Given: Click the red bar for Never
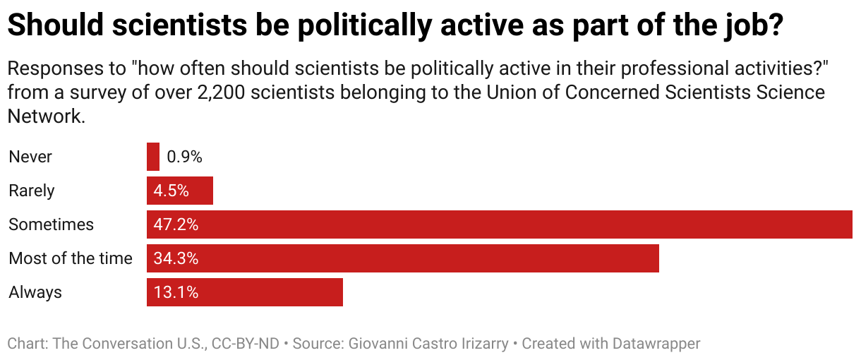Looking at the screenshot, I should pos(153,157).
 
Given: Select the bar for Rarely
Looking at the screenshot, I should pos(198,191).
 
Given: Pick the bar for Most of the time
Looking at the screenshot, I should pos(423,258).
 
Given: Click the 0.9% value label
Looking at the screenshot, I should pos(185,157).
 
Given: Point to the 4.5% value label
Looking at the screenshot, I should pos(171,191).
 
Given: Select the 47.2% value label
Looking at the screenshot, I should pos(176,224).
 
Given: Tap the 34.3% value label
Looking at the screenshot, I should pos(176,258).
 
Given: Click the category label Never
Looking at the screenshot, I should pos(30,157).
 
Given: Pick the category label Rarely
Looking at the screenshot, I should pos(32,191).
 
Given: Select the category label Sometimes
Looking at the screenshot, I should pos(51,224).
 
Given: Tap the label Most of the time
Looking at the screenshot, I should pos(71,258).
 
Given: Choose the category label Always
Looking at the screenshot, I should pos(35,292).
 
